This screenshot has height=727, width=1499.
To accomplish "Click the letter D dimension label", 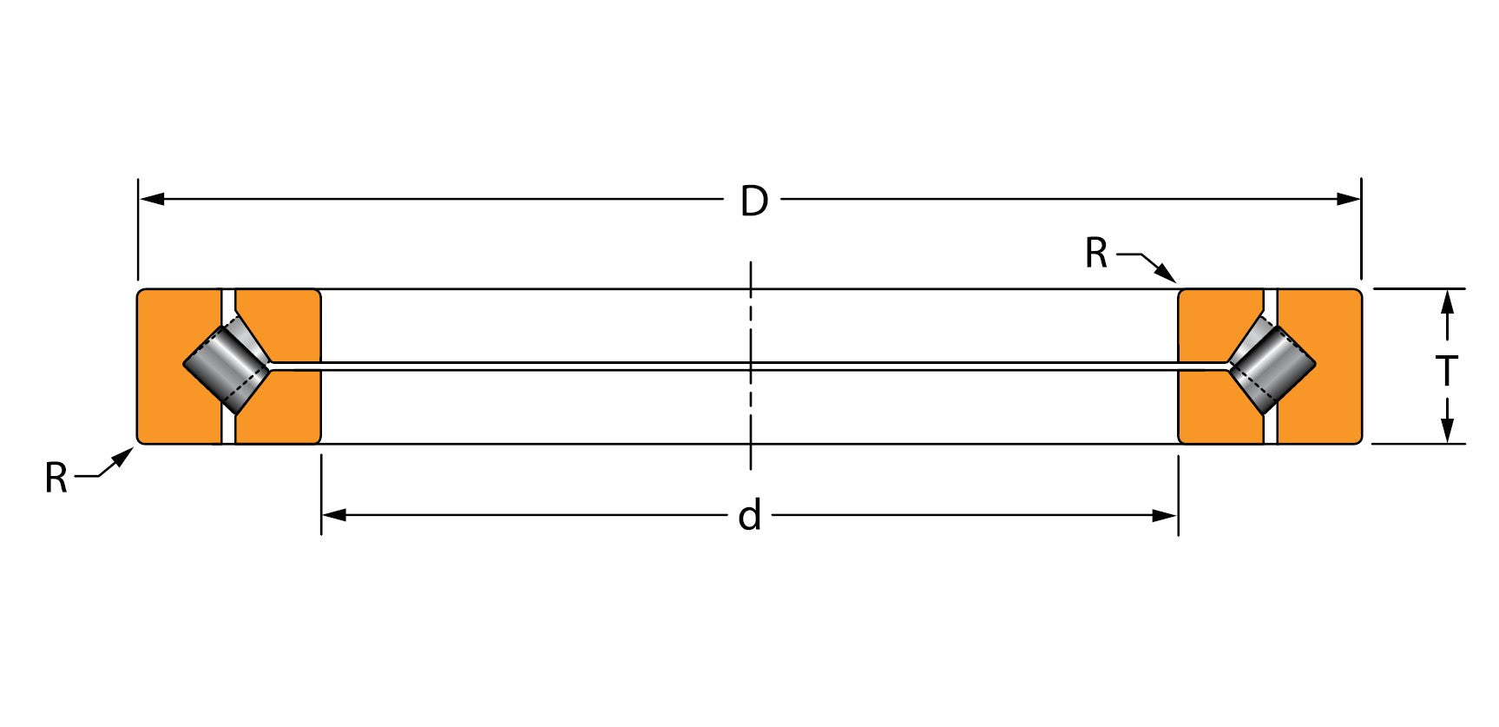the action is (753, 201).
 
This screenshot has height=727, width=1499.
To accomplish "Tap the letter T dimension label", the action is (1446, 370).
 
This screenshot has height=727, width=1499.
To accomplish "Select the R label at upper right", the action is (1096, 254).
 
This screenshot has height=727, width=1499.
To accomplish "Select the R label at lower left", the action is (56, 478).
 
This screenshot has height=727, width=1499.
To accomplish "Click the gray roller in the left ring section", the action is (227, 365).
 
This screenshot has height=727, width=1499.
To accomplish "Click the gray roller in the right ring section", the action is (1272, 365).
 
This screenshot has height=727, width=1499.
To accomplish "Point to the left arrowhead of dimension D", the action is (152, 199).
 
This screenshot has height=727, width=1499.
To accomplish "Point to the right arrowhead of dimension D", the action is (1348, 199).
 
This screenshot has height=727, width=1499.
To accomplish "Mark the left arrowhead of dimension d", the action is (335, 515).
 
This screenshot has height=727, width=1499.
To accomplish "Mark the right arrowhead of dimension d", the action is (1164, 515).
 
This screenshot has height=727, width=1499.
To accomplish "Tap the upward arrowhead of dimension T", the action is (1446, 302).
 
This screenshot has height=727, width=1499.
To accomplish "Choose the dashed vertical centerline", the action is (751, 365).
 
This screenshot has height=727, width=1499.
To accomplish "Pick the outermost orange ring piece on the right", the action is (1319, 366).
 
